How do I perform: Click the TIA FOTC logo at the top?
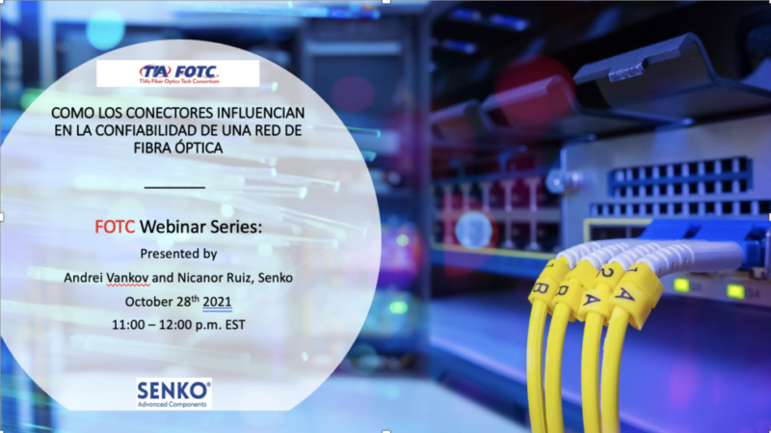click(x=178, y=73)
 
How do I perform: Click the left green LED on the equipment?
click(x=681, y=284)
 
